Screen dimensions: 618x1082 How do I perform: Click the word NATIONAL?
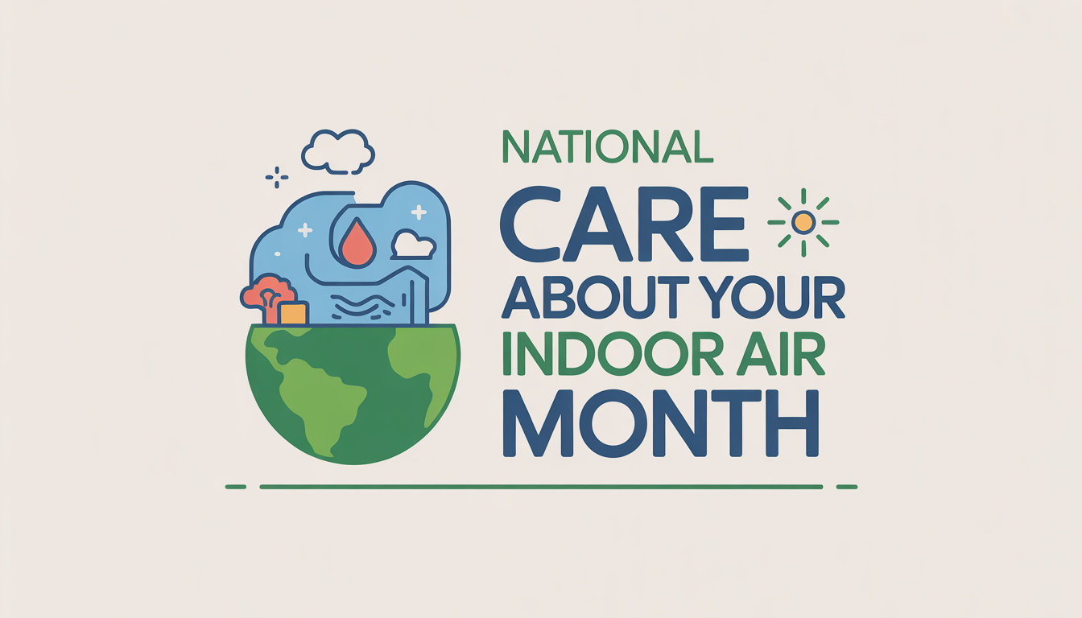607,146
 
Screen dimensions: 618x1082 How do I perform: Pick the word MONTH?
660,425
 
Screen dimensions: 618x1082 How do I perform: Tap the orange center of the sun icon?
803,222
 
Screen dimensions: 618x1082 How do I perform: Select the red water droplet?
357,244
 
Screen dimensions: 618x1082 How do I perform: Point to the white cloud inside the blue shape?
414,245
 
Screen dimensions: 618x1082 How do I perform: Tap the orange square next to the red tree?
293,313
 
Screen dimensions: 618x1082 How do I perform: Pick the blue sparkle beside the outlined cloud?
276,177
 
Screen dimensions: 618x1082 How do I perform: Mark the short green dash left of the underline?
235,487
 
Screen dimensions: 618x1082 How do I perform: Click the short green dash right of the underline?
847,487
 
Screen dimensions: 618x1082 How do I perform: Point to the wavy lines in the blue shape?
361,305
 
